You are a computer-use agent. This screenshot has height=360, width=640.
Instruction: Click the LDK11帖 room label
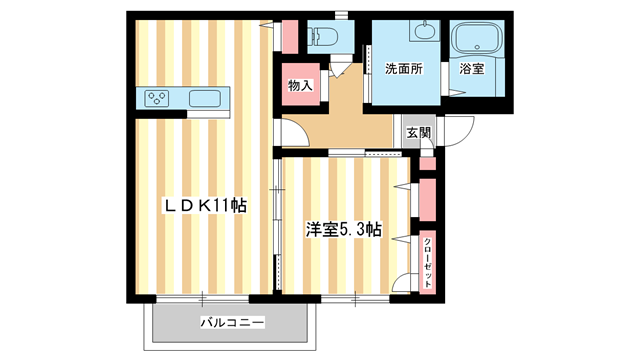tap(206, 205)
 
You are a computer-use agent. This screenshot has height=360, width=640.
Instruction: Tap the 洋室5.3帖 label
tap(343, 229)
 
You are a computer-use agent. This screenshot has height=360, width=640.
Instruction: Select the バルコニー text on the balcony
tap(231, 323)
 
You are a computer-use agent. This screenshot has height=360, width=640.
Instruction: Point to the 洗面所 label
tap(404, 69)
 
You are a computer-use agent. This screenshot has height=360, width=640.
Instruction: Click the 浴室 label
tap(472, 69)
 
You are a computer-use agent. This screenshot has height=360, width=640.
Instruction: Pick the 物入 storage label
tap(301, 85)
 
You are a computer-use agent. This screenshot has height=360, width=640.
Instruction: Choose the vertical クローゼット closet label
tap(428, 263)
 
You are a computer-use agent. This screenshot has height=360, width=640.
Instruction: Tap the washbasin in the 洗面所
tap(424, 30)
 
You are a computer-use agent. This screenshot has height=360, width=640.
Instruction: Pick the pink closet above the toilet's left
tap(289, 37)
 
